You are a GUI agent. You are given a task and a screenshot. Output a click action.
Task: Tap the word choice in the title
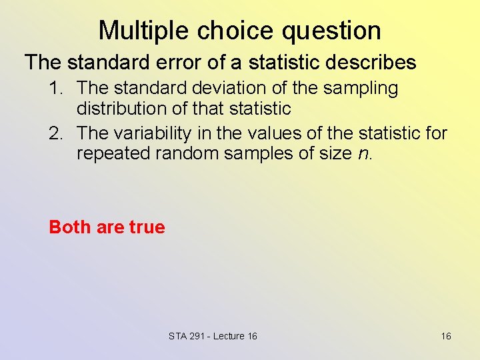coord(224,31)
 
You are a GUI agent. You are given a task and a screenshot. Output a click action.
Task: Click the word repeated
coord(115,153)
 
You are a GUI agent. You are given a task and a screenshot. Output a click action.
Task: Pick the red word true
coord(147,227)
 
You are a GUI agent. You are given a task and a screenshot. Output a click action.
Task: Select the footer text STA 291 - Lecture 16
coord(213,336)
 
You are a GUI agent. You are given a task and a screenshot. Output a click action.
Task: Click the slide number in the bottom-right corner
coord(446,336)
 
